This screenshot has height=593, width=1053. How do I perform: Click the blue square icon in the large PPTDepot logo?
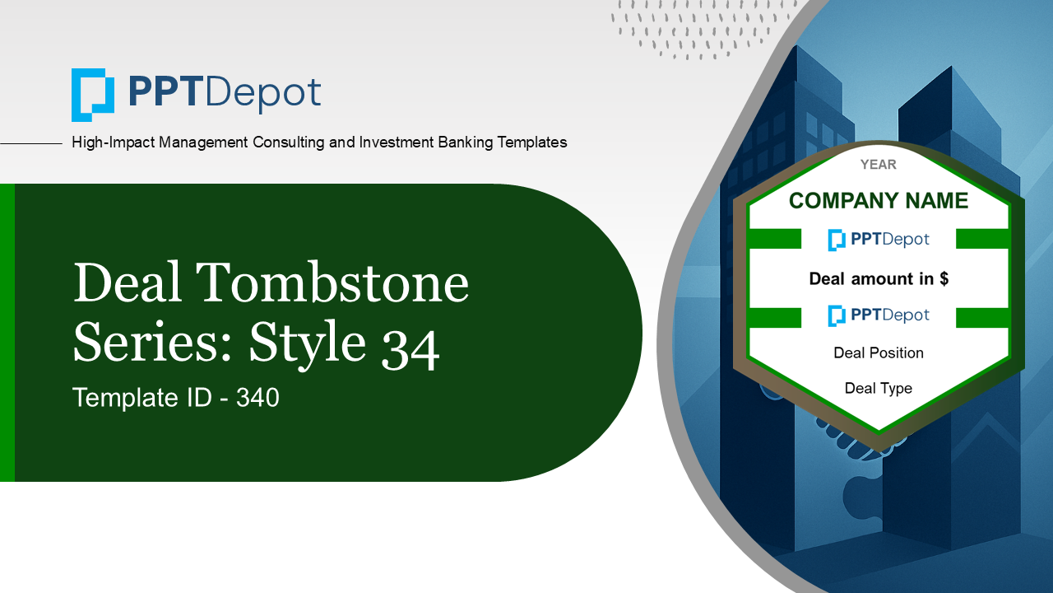[92, 95]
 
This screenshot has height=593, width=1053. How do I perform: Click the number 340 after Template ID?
[257, 398]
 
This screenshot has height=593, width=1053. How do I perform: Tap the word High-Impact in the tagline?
[114, 142]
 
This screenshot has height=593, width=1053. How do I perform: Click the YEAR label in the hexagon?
[878, 165]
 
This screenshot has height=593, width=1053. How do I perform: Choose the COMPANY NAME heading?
[878, 201]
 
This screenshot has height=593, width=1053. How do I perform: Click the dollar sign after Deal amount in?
[944, 279]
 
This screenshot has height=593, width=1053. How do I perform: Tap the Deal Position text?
[878, 353]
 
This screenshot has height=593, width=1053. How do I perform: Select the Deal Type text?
[878, 388]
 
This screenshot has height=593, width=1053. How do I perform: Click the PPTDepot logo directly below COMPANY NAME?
[878, 240]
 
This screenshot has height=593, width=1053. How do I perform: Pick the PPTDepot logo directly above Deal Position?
[878, 315]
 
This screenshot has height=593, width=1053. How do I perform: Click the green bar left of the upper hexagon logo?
[774, 239]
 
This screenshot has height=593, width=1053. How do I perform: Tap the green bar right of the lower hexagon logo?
[982, 317]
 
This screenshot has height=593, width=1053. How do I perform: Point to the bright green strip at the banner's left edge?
[7, 333]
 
